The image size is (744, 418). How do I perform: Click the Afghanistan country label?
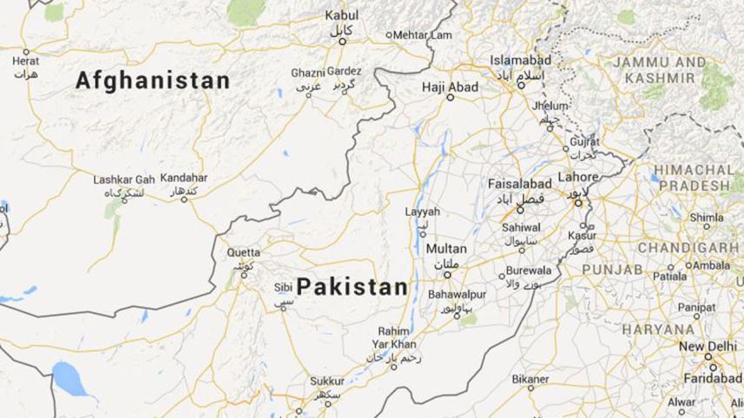153,82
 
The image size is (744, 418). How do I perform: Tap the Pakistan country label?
352,287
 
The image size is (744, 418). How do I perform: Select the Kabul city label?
341,16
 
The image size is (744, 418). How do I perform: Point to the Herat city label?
25,62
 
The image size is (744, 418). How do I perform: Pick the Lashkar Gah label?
123,180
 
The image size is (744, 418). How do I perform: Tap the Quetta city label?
243,252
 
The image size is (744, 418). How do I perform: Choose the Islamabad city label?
520,60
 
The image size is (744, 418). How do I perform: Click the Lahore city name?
578,177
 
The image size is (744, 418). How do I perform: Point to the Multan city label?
445,249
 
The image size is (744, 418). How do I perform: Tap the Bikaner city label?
530,379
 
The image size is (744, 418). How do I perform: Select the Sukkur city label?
328,381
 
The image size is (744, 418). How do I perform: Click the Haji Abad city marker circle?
450,97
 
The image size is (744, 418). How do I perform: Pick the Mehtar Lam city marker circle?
387,36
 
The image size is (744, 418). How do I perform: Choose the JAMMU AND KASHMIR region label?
660,70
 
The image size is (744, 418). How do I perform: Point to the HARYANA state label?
658,330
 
